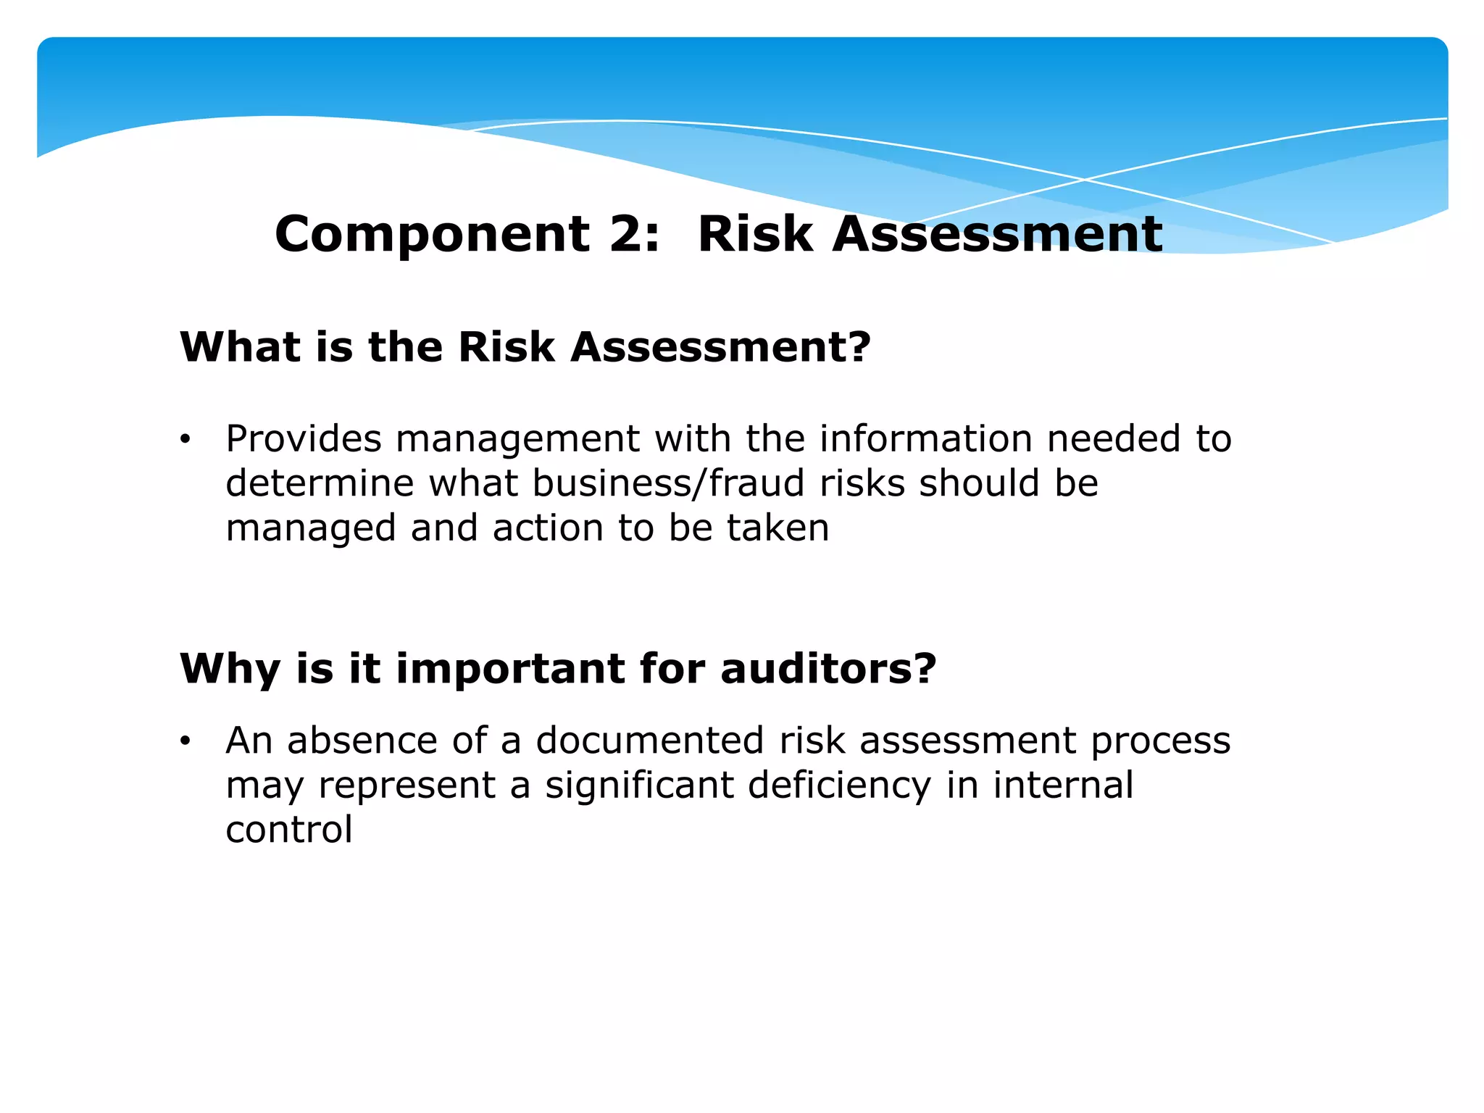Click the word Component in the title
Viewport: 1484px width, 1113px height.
433,235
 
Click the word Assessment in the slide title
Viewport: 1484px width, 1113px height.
997,235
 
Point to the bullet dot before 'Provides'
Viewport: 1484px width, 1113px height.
186,440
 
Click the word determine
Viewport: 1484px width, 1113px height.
320,483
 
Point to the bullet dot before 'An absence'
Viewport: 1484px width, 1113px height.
186,741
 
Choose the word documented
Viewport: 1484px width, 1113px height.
650,741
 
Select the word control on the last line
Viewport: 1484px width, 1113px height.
288,830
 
